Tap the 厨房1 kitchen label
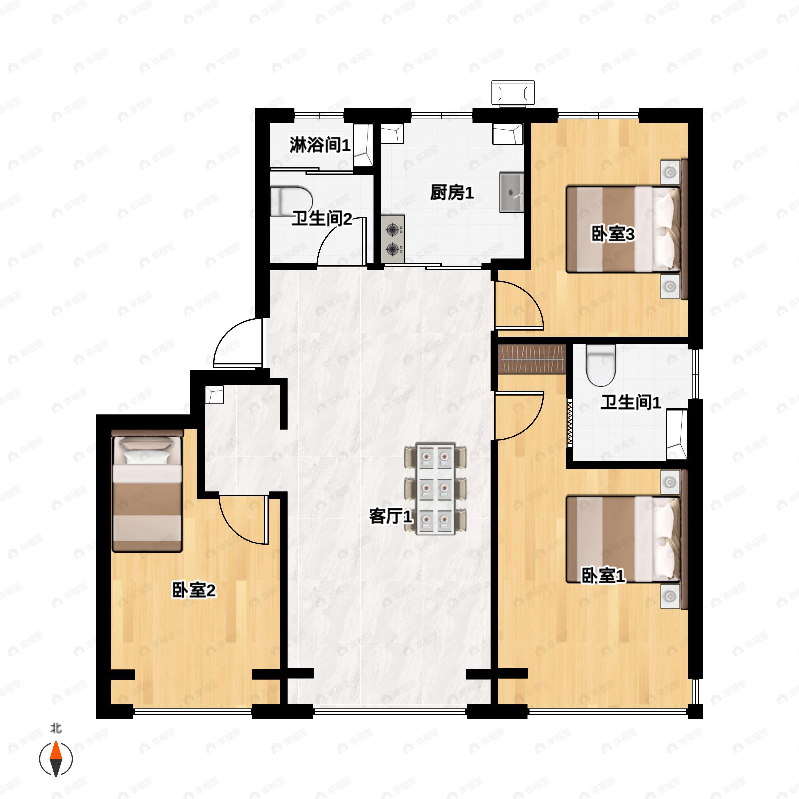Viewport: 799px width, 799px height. [x=452, y=193]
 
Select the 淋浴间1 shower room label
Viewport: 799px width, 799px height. [x=320, y=145]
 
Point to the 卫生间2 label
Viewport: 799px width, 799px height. [x=322, y=219]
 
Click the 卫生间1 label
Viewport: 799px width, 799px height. [x=631, y=402]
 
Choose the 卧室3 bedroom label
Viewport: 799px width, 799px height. [x=613, y=234]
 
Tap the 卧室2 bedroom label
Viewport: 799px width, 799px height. [x=194, y=591]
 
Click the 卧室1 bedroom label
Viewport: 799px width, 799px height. [x=603, y=576]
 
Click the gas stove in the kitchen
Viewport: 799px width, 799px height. [x=393, y=239]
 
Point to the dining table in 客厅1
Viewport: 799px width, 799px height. [x=436, y=489]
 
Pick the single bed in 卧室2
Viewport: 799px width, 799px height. [x=147, y=490]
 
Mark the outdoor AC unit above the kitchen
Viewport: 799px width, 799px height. [x=513, y=93]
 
